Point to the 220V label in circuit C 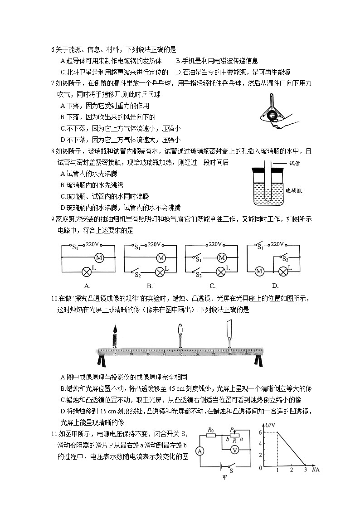215,244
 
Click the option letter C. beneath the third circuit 212,286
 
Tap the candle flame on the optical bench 115,329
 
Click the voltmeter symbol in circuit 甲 235,450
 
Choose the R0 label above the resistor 210,429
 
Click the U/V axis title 271,425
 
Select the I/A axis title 316,469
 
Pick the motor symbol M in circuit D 259,271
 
